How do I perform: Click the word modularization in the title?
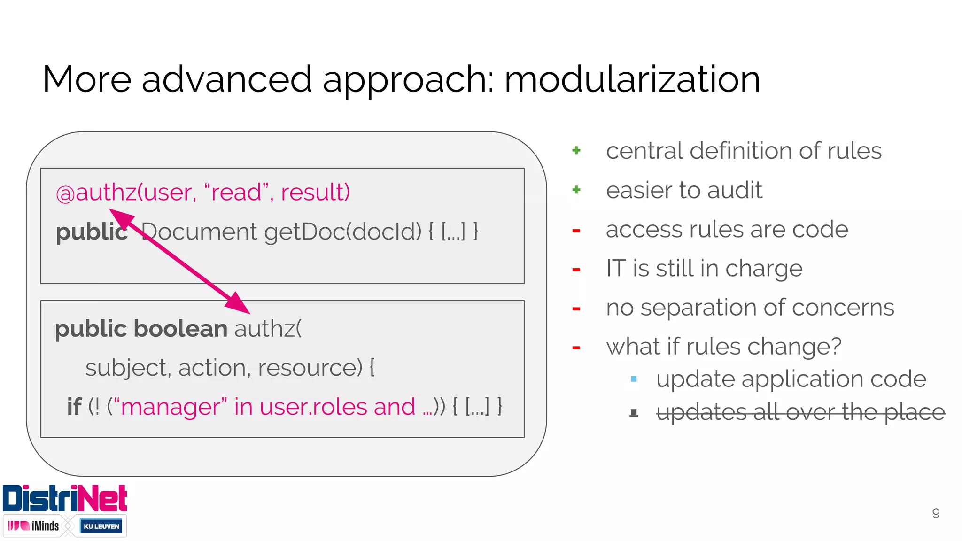632,80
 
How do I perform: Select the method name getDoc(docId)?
343,232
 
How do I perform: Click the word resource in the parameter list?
310,368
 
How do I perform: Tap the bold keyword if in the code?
74,407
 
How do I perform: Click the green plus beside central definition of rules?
576,151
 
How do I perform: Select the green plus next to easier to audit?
576,190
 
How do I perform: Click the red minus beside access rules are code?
576,230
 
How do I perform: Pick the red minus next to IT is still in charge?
576,270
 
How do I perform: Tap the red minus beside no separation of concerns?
576,309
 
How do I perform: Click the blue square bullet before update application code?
634,379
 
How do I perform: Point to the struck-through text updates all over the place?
800,412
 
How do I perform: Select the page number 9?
936,513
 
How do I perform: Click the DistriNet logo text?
65,499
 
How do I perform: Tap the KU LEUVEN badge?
101,526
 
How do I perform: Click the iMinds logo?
34,526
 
